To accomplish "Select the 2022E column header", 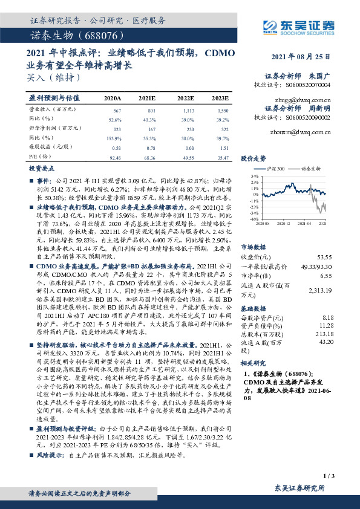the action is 186,98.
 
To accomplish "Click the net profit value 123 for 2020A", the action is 117,129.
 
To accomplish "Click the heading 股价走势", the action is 254,158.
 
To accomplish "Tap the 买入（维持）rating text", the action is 53,77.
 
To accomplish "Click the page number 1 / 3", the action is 329,476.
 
